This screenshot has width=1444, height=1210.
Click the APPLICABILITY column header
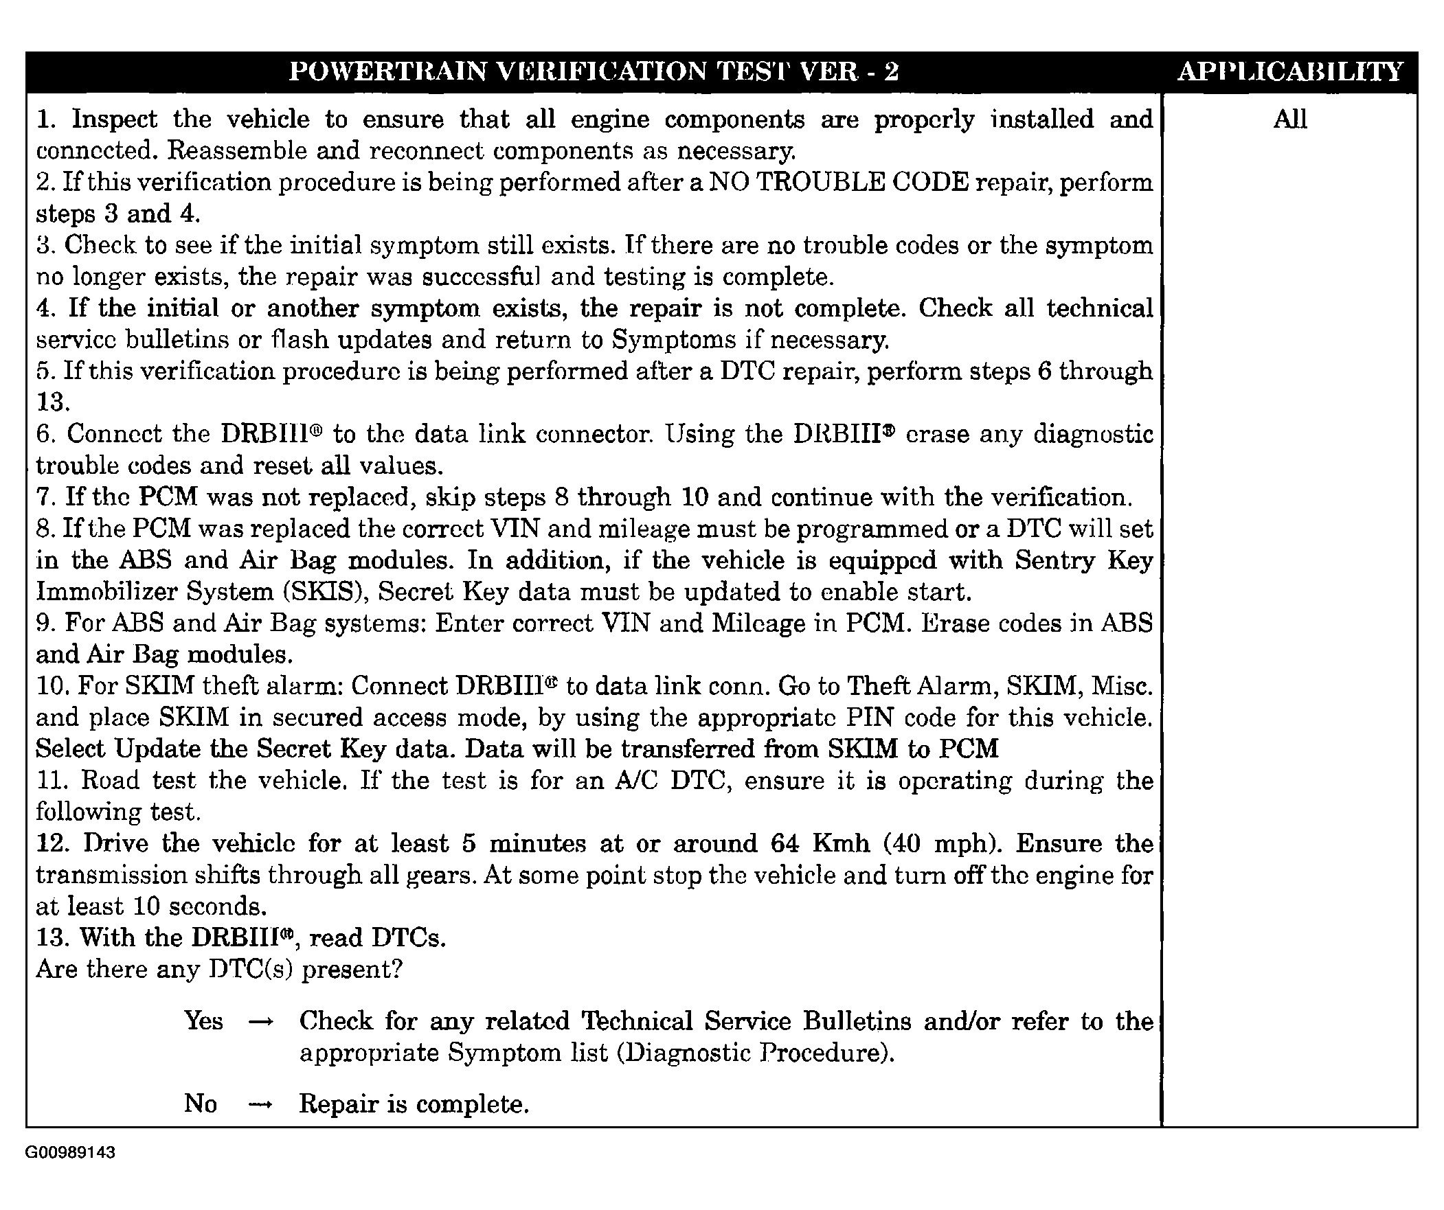pos(1289,71)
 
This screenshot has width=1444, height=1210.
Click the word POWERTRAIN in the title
pos(387,71)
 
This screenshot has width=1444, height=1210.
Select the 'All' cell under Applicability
pos(1289,119)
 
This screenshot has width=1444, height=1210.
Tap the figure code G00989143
pos(70,1152)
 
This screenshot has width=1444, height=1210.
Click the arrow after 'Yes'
pos(260,1023)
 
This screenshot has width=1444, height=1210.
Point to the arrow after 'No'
pos(260,1105)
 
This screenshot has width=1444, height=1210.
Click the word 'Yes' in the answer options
pos(203,1021)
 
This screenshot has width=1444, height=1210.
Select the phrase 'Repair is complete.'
pos(414,1104)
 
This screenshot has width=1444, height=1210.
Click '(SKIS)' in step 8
pos(321,592)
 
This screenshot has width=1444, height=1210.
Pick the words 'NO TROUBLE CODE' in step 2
pos(838,182)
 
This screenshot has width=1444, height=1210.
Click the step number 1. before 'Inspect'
pos(47,119)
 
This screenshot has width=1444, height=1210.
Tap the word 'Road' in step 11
pos(109,780)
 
